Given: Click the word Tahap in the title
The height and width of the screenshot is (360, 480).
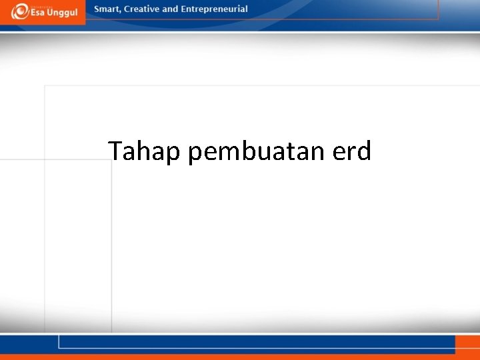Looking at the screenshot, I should point(145,152).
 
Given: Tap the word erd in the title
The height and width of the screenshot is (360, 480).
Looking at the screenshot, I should point(351,152).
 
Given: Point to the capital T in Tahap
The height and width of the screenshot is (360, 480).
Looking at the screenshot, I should point(115,151).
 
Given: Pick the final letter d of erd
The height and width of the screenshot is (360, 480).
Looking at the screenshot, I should point(363,151).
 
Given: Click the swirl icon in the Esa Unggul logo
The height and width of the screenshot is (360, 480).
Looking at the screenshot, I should point(20,11).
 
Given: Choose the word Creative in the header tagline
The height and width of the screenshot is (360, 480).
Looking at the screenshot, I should point(141,9).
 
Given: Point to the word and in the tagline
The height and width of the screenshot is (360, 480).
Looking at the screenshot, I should point(170,9).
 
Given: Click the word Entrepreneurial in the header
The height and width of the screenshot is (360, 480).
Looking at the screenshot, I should point(214,9).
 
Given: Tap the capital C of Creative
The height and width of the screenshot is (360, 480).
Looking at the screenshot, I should point(127,9).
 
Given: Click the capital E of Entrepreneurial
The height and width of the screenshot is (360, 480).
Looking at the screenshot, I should point(183,9).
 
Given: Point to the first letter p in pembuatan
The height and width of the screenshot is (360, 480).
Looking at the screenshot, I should point(195,154).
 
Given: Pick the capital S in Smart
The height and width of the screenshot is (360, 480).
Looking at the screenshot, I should point(97,9).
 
